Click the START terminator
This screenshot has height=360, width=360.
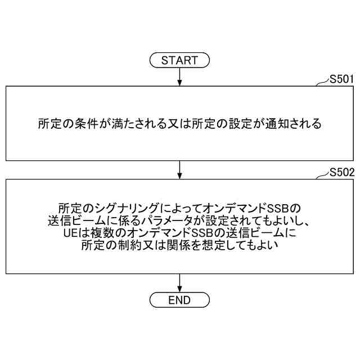tap(179, 60)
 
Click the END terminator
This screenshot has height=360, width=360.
tap(179, 299)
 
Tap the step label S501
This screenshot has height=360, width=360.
tap(341, 79)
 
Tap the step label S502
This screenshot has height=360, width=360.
tap(341, 172)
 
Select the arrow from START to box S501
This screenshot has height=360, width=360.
tap(179, 76)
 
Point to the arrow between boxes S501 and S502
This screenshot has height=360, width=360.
tap(179, 169)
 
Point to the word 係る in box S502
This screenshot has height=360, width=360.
tap(137, 220)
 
